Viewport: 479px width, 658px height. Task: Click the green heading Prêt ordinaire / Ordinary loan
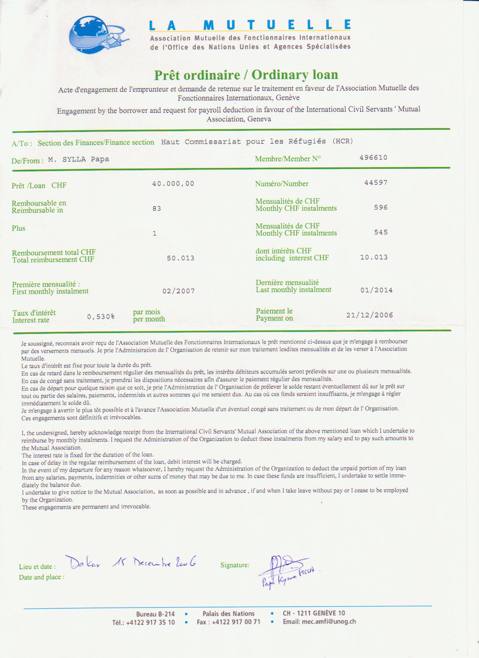246,75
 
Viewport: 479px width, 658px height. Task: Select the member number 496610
373,158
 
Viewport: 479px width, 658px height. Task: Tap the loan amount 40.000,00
173,184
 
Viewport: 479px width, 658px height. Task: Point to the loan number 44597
376,183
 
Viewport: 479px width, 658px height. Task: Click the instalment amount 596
381,208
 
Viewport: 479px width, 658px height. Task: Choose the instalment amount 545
381,232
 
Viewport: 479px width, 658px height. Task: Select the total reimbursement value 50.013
180,258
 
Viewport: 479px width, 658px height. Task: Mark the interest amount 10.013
373,258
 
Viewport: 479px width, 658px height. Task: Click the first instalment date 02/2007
178,291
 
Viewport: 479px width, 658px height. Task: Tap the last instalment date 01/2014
376,290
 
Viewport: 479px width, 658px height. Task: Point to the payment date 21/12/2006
369,315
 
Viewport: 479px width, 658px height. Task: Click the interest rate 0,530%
101,317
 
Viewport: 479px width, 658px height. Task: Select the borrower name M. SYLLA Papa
79,159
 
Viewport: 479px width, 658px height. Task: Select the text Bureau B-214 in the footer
155,614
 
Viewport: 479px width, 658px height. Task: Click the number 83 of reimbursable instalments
157,209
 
